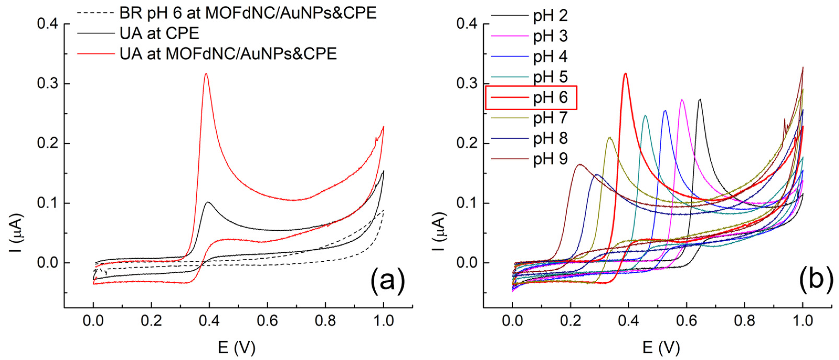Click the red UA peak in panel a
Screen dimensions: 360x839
click(x=206, y=74)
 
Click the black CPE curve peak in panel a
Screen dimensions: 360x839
click(x=208, y=202)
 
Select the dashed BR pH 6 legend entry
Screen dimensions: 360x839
click(x=247, y=13)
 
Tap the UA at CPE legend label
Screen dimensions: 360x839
click(x=159, y=34)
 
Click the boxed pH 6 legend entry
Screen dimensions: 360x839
click(x=550, y=97)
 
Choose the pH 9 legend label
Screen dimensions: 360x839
click(x=550, y=159)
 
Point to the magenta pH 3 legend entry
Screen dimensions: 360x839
click(x=550, y=36)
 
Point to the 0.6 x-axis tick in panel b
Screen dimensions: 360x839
click(x=687, y=321)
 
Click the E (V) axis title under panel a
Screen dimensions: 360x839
click(x=236, y=348)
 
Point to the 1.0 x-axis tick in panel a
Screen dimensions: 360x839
click(x=383, y=321)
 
